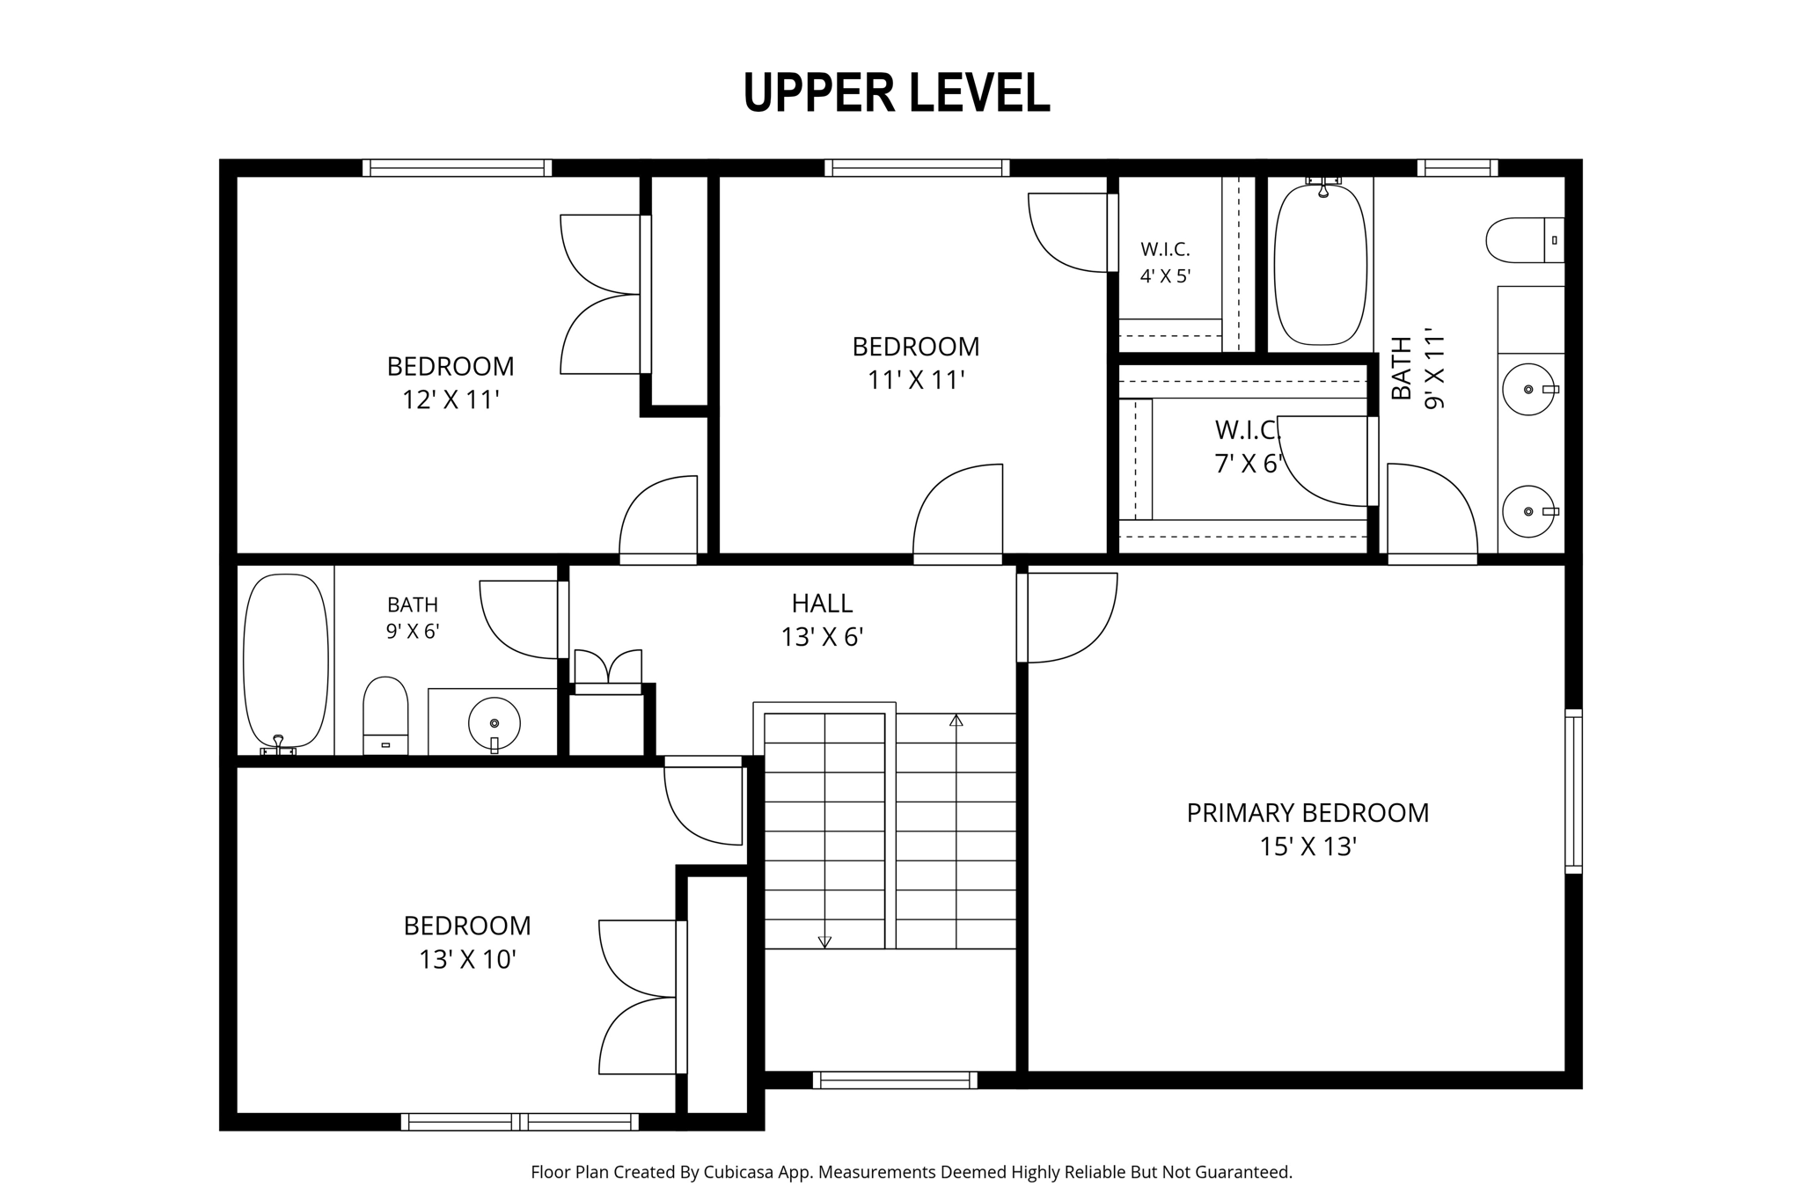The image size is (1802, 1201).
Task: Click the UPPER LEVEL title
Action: coord(897,93)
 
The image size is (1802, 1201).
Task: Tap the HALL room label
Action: coord(822,604)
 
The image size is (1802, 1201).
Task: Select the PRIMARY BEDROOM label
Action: coord(1308,813)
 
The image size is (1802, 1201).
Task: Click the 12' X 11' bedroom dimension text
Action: coord(450,400)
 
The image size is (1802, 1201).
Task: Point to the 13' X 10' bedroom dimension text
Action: coord(467,959)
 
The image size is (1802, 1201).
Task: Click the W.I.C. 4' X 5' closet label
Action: coord(1165,262)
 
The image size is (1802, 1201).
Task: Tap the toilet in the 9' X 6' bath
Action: coord(385,715)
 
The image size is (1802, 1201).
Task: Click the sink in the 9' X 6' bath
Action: coord(494,723)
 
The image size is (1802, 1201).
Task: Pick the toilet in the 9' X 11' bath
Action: coord(1525,240)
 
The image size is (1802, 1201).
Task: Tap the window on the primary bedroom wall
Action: coord(1573,791)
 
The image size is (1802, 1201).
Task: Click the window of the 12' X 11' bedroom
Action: coord(457,168)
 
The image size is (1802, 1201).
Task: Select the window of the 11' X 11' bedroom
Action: coord(917,168)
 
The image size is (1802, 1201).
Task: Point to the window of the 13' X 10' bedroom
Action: coord(520,1122)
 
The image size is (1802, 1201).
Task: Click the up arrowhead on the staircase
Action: coord(956,721)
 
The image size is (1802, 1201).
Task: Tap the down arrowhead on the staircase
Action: coord(824,942)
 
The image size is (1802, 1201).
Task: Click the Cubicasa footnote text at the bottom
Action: coord(911,1172)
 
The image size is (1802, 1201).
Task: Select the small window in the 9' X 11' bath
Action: coord(1457,168)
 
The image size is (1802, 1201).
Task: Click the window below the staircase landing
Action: coord(895,1080)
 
